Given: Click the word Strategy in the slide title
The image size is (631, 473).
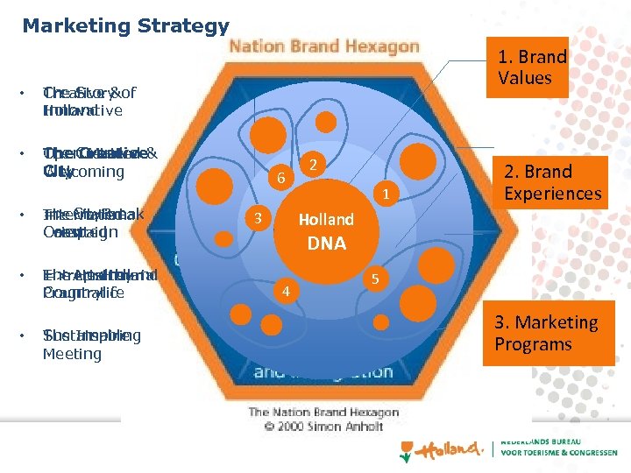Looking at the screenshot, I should point(179,26).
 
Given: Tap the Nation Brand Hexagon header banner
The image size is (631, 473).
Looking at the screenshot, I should point(323,46).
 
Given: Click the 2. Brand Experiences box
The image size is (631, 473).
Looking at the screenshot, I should point(552,182).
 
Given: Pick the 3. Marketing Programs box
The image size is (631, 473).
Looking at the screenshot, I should point(546,333).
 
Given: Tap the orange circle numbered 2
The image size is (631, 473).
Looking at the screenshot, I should point(313,164).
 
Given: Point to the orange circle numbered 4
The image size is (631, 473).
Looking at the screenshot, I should point(285,290).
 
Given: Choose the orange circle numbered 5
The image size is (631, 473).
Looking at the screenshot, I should point(375,279).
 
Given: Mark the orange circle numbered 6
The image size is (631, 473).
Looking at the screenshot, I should point(280,178).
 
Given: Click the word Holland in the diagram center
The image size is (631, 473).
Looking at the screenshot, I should point(326,219).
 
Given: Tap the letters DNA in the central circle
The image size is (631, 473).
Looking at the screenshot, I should point(326,244).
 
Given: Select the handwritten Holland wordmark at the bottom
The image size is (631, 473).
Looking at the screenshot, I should point(449,449).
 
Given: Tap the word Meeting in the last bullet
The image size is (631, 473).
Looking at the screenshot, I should point(72,354).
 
